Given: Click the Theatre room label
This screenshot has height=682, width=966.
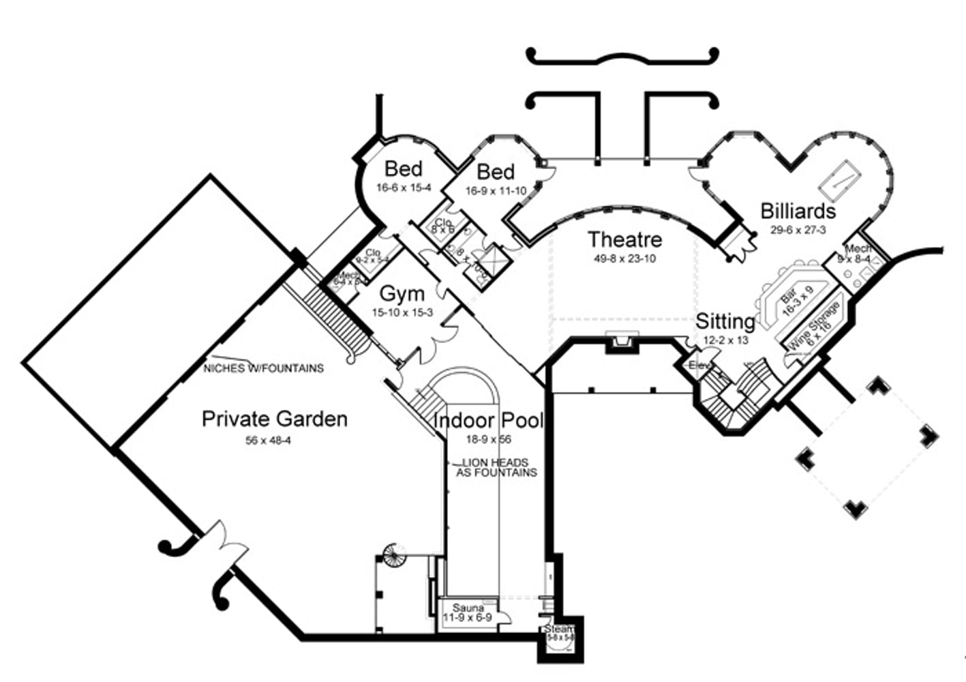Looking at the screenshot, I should pyautogui.click(x=624, y=239).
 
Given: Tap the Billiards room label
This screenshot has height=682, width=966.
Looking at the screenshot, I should pyautogui.click(x=798, y=211).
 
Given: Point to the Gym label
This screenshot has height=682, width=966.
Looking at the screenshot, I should pyautogui.click(x=402, y=294).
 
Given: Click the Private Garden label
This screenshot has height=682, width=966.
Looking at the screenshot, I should pyautogui.click(x=274, y=419).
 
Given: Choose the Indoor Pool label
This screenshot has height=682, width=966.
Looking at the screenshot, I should pyautogui.click(x=488, y=420).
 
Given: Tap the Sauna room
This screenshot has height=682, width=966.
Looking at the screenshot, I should pyautogui.click(x=468, y=613).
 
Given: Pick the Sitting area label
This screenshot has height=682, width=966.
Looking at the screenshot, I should pyautogui.click(x=725, y=321).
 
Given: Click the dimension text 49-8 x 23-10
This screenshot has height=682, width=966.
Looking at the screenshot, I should pyautogui.click(x=624, y=258).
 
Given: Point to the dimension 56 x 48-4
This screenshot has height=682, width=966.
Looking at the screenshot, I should pyautogui.click(x=268, y=441).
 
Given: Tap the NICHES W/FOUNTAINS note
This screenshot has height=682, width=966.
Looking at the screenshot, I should pyautogui.click(x=264, y=368).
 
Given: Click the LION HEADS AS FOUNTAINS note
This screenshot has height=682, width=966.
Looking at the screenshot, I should pyautogui.click(x=496, y=467).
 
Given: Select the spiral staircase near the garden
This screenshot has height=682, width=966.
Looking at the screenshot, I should pyautogui.click(x=394, y=554).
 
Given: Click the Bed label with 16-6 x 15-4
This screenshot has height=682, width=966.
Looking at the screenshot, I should pyautogui.click(x=403, y=168).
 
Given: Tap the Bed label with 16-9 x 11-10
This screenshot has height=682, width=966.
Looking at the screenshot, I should pyautogui.click(x=496, y=172).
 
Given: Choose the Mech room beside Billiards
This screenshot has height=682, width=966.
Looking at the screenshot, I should pyautogui.click(x=856, y=254).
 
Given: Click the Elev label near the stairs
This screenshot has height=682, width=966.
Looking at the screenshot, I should pyautogui.click(x=699, y=366).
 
